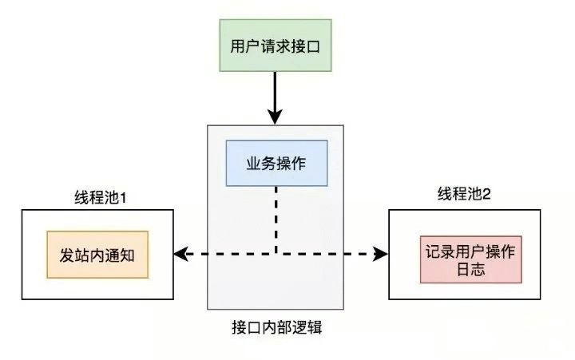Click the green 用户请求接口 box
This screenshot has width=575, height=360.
275,45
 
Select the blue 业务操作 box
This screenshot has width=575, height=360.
276,164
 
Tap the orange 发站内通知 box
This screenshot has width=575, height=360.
98,255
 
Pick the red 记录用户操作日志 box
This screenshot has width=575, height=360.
470,259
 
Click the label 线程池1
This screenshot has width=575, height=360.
97,196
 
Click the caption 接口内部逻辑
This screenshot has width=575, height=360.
275,328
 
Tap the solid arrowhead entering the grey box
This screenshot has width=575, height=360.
275,117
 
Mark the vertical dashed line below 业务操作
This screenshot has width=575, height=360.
276,220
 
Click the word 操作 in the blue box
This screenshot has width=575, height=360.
290,164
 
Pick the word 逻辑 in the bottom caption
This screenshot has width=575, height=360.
303,328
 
